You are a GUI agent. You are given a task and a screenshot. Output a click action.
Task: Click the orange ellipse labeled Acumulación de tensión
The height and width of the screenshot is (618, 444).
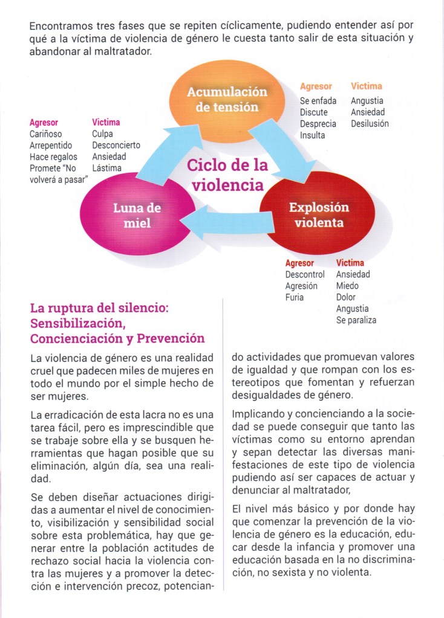[226, 100]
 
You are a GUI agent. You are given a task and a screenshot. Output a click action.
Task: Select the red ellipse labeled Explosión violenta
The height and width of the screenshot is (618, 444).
[318, 215]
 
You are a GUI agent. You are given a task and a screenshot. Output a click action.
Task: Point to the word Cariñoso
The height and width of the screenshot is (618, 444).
[45, 134]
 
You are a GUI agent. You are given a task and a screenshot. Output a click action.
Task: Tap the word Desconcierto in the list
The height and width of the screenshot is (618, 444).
[116, 146]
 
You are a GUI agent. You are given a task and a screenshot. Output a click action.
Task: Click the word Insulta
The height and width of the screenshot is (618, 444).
[312, 135]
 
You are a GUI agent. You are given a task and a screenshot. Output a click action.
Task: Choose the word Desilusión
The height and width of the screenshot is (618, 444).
[370, 124]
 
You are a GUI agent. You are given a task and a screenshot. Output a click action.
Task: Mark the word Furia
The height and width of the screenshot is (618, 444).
[295, 297]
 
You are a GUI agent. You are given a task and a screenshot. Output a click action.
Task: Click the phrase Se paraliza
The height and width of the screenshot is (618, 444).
[356, 320]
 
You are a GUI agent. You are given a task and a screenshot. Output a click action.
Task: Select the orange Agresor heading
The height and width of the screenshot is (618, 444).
[316, 86]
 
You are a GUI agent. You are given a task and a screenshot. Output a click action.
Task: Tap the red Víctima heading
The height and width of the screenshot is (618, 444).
[350, 263]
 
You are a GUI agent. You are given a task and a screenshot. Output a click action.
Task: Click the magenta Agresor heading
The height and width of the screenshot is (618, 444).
[44, 123]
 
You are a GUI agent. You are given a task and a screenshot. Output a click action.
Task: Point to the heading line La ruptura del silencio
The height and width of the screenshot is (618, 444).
[99, 308]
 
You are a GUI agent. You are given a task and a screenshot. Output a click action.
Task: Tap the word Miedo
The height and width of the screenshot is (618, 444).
[347, 286]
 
